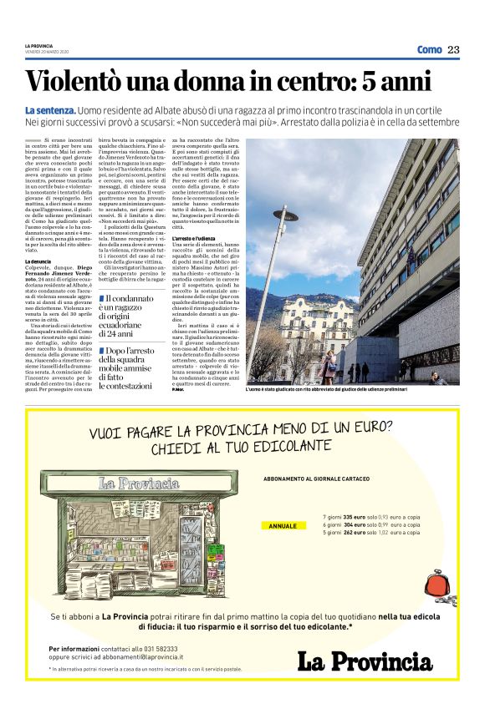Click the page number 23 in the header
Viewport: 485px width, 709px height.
(452, 49)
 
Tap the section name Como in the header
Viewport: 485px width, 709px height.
(429, 49)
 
